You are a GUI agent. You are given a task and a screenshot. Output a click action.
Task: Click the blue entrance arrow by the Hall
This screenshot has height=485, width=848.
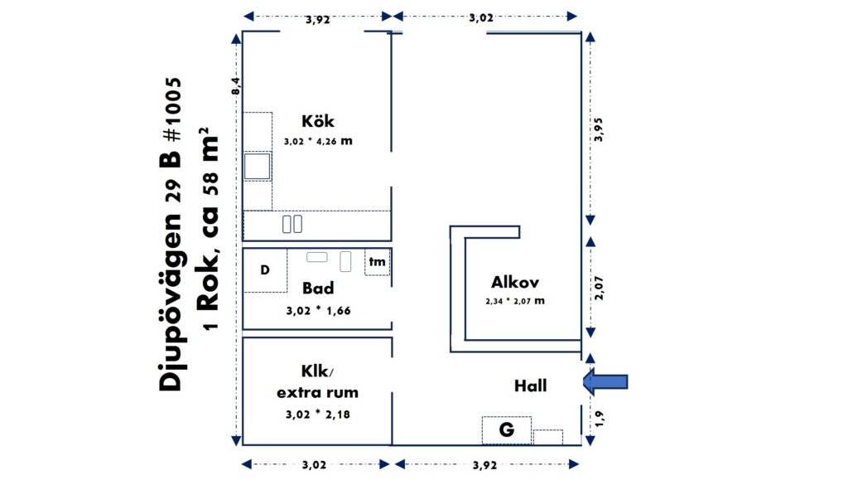point(605,381)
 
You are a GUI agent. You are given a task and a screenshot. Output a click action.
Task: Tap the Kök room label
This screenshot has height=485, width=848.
point(318,121)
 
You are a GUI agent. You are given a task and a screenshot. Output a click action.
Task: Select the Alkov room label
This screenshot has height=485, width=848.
point(515,282)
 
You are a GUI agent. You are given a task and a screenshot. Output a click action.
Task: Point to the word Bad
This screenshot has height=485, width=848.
point(318,288)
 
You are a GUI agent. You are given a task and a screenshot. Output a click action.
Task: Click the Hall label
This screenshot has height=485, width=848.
point(531,386)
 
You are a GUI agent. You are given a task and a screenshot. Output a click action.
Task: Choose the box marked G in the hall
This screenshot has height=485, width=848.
point(506,429)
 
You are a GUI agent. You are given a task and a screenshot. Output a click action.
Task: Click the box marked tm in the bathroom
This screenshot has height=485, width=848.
point(377,262)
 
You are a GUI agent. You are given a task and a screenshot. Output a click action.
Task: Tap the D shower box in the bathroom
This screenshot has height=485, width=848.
point(265,270)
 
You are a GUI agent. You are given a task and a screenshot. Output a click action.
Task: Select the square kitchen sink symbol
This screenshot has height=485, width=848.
point(257,166)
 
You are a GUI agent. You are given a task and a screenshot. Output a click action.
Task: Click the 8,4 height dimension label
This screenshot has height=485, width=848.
point(236,86)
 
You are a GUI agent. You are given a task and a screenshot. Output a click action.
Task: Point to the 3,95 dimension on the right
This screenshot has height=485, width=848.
point(599,130)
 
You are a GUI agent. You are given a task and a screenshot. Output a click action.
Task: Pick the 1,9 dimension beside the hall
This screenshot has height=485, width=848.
point(599,419)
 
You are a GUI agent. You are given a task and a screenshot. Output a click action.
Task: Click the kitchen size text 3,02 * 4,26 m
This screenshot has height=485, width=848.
point(318,141)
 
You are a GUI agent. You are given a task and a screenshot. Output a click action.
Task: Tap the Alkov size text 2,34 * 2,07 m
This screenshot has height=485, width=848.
point(515,301)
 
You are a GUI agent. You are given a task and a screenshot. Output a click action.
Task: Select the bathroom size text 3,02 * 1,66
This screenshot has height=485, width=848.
point(318,311)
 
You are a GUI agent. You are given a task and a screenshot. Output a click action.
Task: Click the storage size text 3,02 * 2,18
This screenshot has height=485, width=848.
point(317,415)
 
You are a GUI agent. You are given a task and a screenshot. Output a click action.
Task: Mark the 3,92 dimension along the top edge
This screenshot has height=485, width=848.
point(317,20)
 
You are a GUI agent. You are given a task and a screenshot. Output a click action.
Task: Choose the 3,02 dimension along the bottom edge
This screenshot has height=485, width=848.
point(314,465)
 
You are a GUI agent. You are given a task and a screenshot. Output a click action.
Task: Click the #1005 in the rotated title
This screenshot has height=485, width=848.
point(173,109)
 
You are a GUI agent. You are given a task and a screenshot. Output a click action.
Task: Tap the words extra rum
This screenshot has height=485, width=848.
point(317,392)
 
